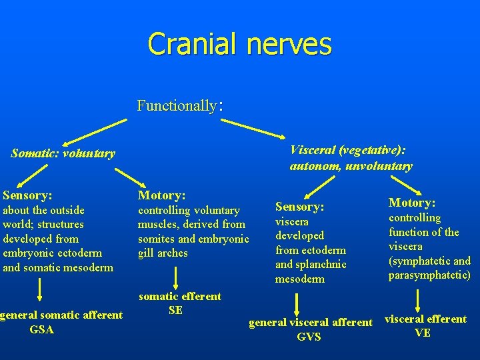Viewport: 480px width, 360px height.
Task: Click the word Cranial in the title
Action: point(193,44)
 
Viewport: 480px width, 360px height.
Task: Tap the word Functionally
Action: point(177,105)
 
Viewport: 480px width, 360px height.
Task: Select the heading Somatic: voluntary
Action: point(63,153)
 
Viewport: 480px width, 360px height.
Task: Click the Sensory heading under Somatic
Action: point(27,195)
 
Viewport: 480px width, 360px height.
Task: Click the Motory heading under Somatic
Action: point(161,195)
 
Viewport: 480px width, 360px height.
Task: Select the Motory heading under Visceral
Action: point(412,203)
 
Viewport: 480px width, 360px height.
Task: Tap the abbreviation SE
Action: point(176,310)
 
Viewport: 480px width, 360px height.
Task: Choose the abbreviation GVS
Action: point(309,337)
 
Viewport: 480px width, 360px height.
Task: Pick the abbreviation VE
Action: point(423,333)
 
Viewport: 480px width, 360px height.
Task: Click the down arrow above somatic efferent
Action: point(175,277)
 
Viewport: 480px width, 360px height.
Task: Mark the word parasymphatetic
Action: point(429,275)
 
